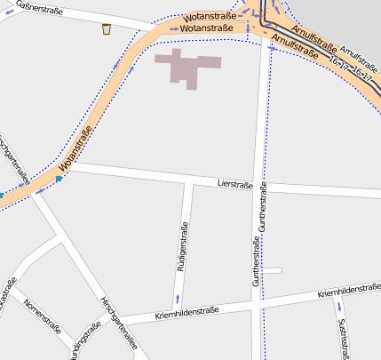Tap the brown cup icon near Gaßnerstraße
pos(106,29)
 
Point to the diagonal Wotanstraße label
pos(77,151)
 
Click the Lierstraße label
pos(235,184)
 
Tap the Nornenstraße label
pos(43,316)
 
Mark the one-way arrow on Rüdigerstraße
pos(178,298)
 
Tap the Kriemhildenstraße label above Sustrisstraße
pos(348,291)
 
